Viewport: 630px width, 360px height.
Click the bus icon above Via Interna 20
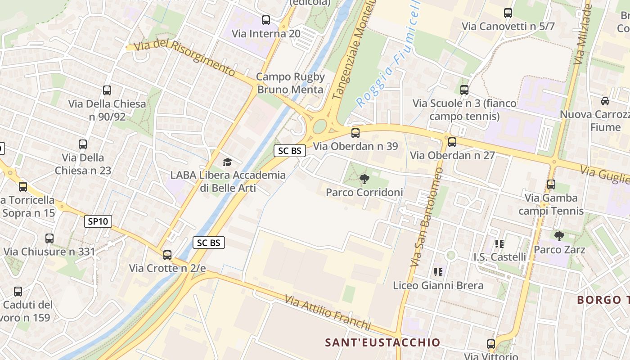(x=266, y=20)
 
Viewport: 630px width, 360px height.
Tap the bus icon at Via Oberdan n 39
(x=355, y=133)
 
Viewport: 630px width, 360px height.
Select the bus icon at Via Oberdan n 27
(x=452, y=142)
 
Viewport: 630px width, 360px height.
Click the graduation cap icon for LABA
(x=227, y=162)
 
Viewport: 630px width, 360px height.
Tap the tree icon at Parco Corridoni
(x=364, y=179)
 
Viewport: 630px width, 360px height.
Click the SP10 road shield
(x=98, y=221)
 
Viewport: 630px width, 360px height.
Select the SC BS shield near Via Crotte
(x=209, y=243)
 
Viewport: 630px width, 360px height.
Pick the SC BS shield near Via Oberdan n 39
(x=290, y=151)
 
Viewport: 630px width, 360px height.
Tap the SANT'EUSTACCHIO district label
(x=382, y=342)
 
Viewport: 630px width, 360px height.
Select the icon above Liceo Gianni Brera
(x=438, y=272)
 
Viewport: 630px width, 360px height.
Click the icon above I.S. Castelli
(x=499, y=244)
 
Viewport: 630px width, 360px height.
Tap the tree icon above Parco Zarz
(x=559, y=236)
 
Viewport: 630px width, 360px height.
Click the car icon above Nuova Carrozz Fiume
(x=605, y=101)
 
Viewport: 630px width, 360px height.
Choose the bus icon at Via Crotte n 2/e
(x=167, y=255)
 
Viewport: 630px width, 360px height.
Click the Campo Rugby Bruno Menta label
(x=290, y=83)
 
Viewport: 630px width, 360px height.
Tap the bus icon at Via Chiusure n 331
(x=49, y=238)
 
